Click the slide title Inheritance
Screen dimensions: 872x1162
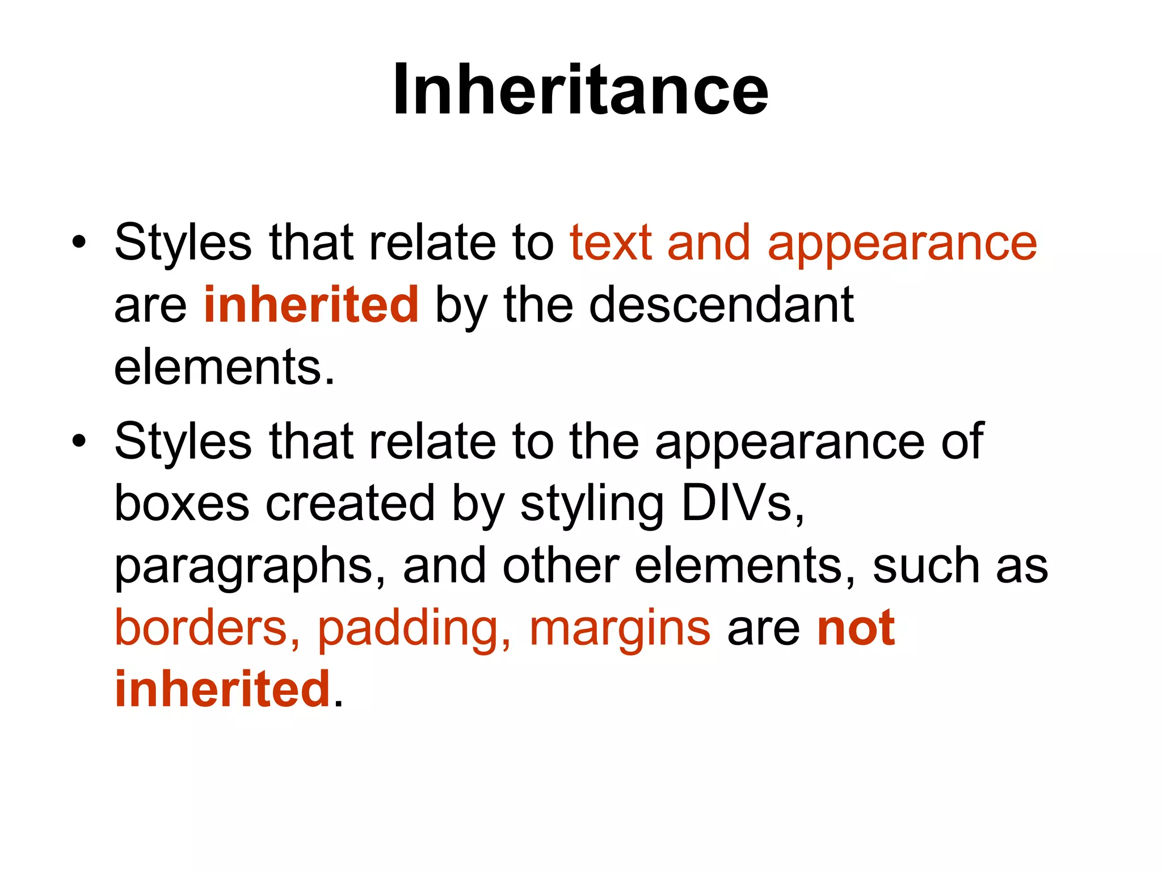[580, 90]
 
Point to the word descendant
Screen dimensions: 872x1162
[721, 305]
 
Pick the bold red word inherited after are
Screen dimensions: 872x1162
[311, 305]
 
